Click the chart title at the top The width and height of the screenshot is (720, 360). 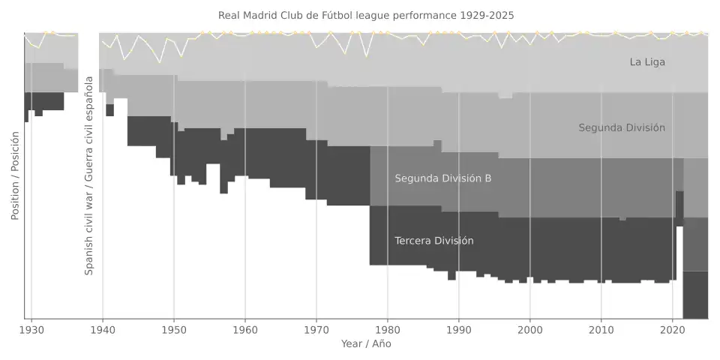pyautogui.click(x=366, y=15)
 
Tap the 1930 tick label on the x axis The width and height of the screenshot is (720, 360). pyautogui.click(x=31, y=329)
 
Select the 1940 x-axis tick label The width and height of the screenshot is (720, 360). pyautogui.click(x=103, y=329)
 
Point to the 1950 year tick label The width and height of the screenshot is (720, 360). pyautogui.click(x=174, y=329)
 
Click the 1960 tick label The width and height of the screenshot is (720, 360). pyautogui.click(x=245, y=329)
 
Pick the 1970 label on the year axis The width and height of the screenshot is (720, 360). pyautogui.click(x=316, y=329)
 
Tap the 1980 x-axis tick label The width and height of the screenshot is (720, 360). pyautogui.click(x=388, y=329)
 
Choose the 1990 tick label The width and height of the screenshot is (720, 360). pyautogui.click(x=459, y=329)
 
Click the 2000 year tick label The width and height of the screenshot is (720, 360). pyautogui.click(x=530, y=329)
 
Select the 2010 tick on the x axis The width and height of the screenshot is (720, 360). pyautogui.click(x=601, y=329)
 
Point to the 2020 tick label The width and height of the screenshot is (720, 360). pyautogui.click(x=672, y=329)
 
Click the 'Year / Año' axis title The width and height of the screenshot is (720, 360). pyautogui.click(x=366, y=344)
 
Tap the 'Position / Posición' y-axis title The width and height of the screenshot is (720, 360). pyautogui.click(x=15, y=176)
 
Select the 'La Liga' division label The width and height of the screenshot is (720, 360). pyautogui.click(x=647, y=62)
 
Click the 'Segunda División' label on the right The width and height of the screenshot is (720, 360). pyautogui.click(x=622, y=128)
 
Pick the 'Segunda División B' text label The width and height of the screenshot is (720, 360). pyautogui.click(x=443, y=178)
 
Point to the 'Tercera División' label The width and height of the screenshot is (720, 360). pyautogui.click(x=434, y=241)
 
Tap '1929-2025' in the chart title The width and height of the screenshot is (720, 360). pyautogui.click(x=489, y=15)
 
